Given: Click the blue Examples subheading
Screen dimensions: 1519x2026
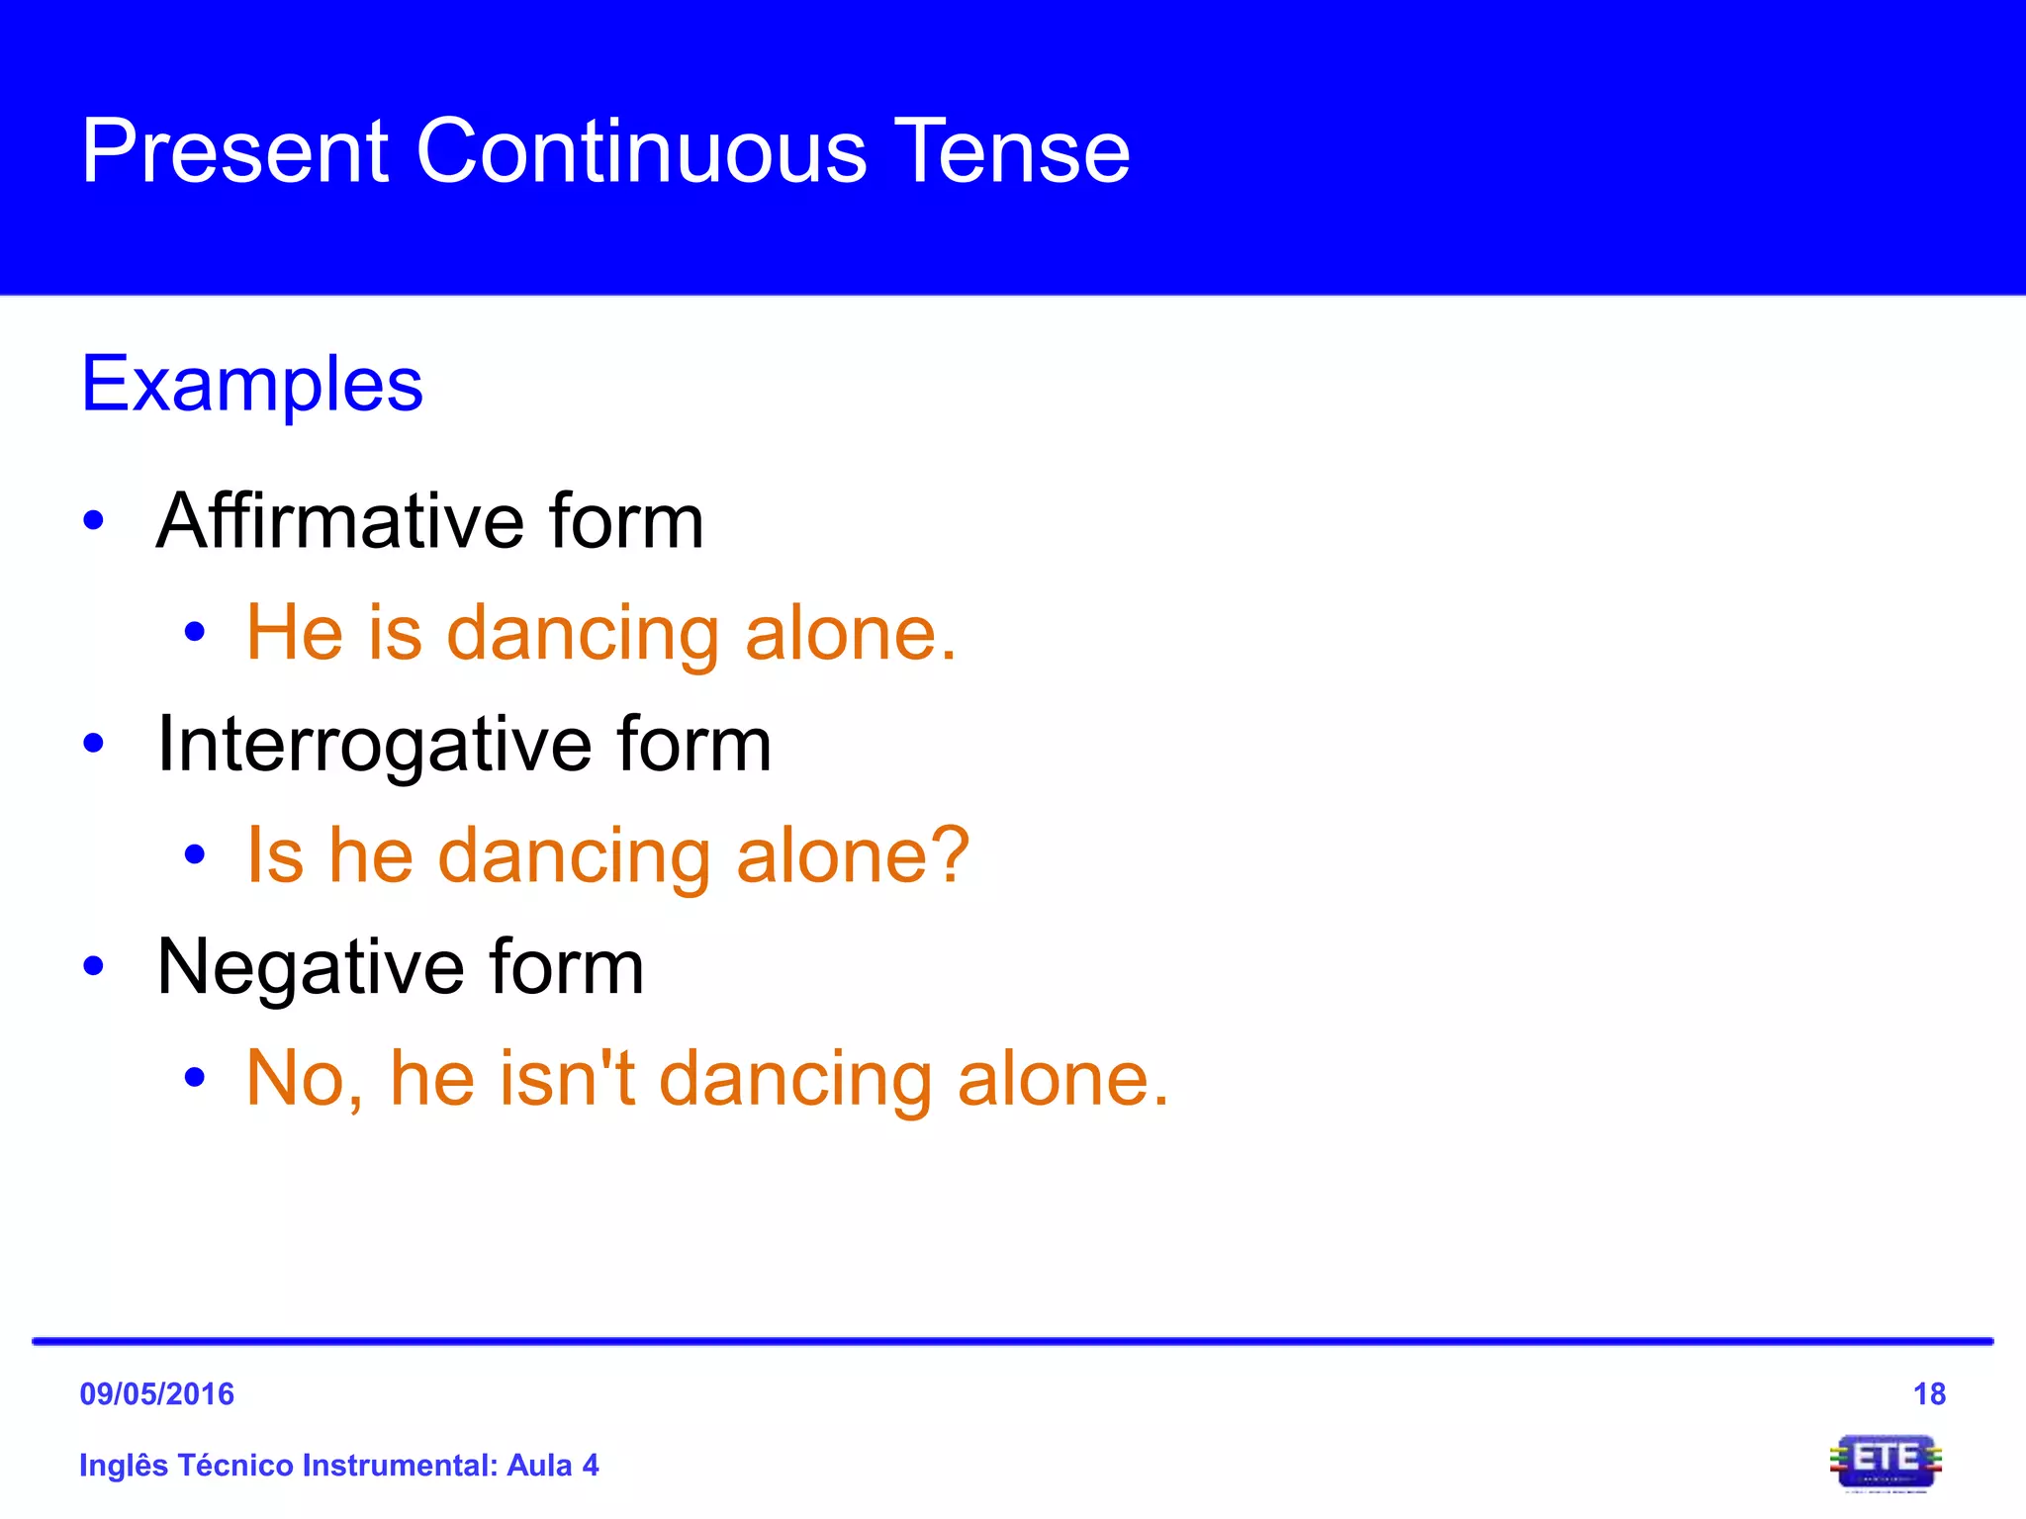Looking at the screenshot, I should pyautogui.click(x=251, y=385).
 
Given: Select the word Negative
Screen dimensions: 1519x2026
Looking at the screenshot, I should pyautogui.click(x=310, y=967).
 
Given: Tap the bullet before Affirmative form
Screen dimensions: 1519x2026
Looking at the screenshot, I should pyautogui.click(x=94, y=521).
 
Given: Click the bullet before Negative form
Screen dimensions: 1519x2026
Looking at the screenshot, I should pyautogui.click(x=94, y=966).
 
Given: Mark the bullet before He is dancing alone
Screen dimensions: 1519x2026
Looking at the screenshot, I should pyautogui.click(x=195, y=632).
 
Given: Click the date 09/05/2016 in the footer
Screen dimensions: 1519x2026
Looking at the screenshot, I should pyautogui.click(x=156, y=1394).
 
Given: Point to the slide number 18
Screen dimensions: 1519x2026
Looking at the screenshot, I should pyautogui.click(x=1929, y=1394).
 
